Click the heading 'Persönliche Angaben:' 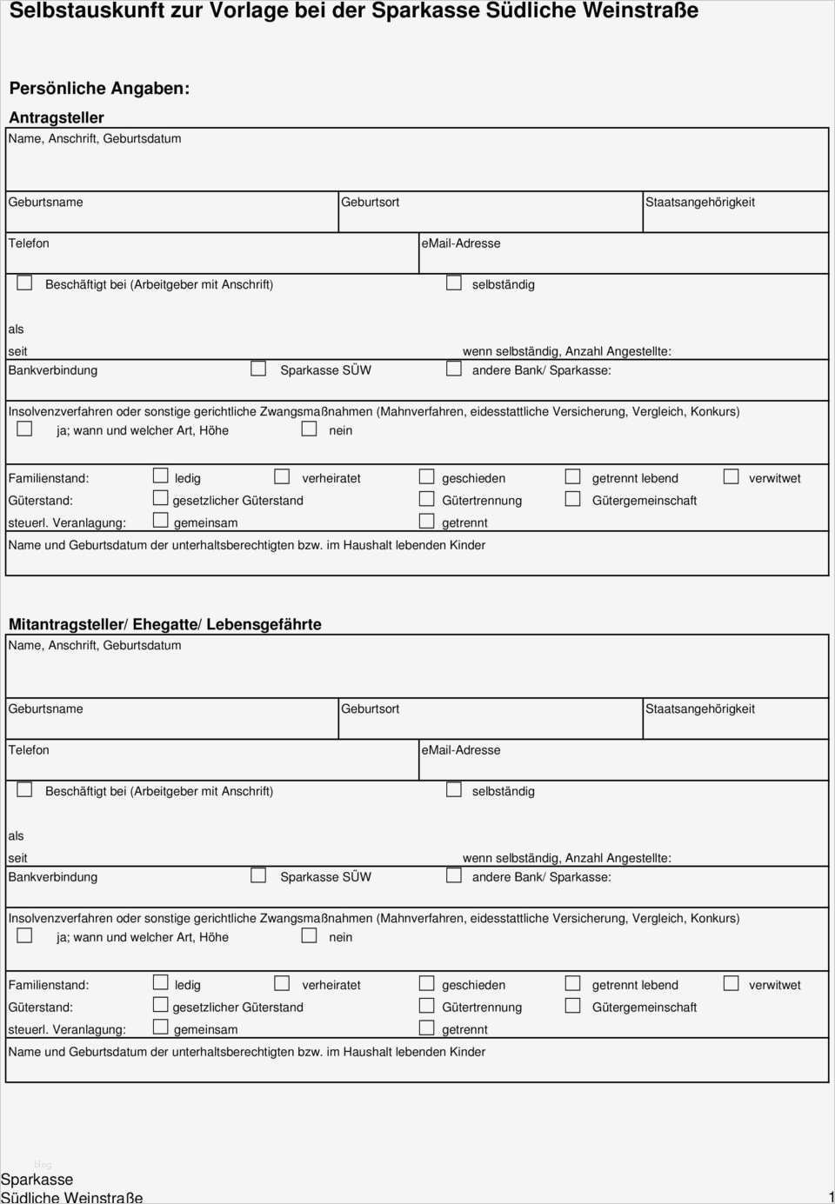coord(99,89)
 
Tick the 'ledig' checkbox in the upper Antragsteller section coord(161,476)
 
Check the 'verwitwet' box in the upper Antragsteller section coord(731,476)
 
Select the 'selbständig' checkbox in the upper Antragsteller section coord(454,283)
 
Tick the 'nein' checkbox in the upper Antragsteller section coord(309,429)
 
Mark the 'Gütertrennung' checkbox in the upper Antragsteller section coord(427,499)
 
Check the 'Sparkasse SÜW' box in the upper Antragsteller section coord(258,369)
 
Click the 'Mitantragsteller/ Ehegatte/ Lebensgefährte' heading coord(165,624)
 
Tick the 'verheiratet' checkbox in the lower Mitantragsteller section coord(282,983)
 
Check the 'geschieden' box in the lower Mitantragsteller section coord(427,983)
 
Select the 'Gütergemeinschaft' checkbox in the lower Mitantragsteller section coord(573,1006)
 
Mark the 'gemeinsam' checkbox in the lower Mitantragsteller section coord(161,1028)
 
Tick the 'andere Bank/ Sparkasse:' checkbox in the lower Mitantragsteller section coord(454,875)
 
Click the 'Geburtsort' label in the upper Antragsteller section coord(371,203)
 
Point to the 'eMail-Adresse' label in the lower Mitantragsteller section coord(461,750)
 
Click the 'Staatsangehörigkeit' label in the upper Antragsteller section coord(700,203)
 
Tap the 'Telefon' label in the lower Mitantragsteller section coord(29,750)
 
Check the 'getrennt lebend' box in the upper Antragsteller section coord(573,476)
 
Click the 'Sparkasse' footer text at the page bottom coord(37,1180)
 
